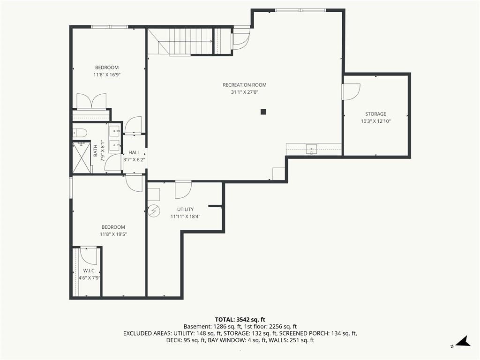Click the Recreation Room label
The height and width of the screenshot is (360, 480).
(245, 85)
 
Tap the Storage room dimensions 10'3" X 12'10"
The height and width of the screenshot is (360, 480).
(375, 121)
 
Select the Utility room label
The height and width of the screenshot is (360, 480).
(186, 210)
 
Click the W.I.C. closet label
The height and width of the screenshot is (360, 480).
(90, 271)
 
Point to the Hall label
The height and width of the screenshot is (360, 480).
(134, 152)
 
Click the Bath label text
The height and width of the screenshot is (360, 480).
(95, 150)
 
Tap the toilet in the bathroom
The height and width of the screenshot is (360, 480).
(80, 133)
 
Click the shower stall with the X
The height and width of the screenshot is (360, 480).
(82, 157)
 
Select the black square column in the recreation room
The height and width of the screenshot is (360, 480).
(263, 112)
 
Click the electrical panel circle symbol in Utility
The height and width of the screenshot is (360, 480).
(154, 210)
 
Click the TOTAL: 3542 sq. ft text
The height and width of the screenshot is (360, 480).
(240, 320)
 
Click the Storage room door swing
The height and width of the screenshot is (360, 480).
(351, 91)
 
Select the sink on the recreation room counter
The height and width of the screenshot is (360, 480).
(311, 149)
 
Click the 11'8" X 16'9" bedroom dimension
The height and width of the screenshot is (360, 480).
(107, 75)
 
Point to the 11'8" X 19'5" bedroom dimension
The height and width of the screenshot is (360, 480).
(113, 234)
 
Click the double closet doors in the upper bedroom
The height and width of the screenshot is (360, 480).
(91, 102)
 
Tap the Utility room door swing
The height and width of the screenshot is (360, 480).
(183, 190)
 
